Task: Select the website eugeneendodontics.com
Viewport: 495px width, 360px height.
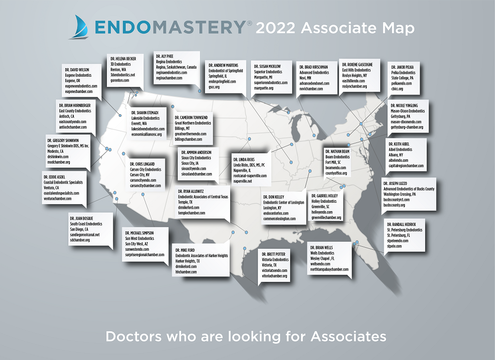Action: coord(81,86)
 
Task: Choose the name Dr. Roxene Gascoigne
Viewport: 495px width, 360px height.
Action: coord(360,65)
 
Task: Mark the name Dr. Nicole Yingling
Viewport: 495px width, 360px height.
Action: coord(406,106)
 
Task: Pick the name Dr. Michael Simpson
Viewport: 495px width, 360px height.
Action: coord(139,232)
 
